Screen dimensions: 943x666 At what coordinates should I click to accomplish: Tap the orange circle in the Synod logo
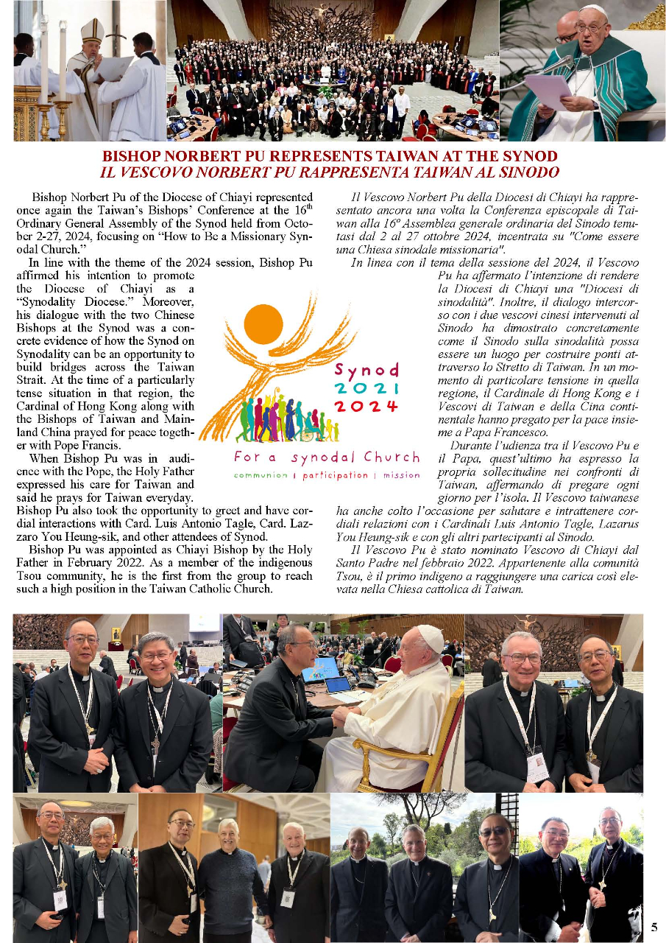pyautogui.click(x=263, y=323)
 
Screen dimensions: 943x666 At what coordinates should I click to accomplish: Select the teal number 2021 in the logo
pyautogui.click(x=366, y=388)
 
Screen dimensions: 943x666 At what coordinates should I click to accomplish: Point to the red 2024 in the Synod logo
pyautogui.click(x=366, y=407)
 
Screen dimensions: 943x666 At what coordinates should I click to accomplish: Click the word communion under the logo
pyautogui.click(x=261, y=475)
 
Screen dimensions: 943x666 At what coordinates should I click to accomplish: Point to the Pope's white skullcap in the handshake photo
pyautogui.click(x=430, y=638)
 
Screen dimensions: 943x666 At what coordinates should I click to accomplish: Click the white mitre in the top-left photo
pyautogui.click(x=92, y=31)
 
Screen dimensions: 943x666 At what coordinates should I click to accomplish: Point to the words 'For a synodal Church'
pyautogui.click(x=327, y=458)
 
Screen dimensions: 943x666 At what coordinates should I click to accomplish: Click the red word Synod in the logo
pyautogui.click(x=366, y=370)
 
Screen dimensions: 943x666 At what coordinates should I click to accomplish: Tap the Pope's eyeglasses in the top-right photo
pyautogui.click(x=592, y=27)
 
